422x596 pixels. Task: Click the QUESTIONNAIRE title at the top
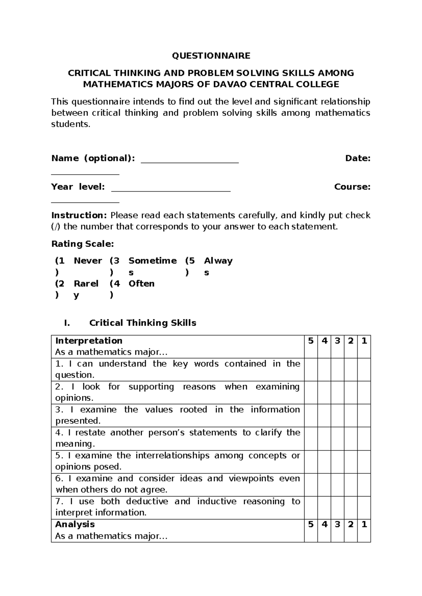[x=211, y=56]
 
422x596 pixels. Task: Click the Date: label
[x=358, y=158]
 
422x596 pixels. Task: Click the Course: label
[x=352, y=187]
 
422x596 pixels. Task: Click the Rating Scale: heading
[x=83, y=244]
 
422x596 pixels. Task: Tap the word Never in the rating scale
[x=88, y=261]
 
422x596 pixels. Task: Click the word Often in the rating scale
[x=141, y=284]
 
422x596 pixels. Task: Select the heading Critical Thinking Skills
[x=143, y=323]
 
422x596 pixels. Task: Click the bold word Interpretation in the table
[x=89, y=341]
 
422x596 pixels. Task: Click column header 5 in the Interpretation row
[x=311, y=341]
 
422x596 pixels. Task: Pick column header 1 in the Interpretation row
[x=364, y=341]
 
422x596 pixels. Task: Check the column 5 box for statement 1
[x=311, y=369]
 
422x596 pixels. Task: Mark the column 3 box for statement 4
[x=337, y=438]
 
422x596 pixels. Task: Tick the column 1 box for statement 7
[x=364, y=507]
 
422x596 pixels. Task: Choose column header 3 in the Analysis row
[x=337, y=524]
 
